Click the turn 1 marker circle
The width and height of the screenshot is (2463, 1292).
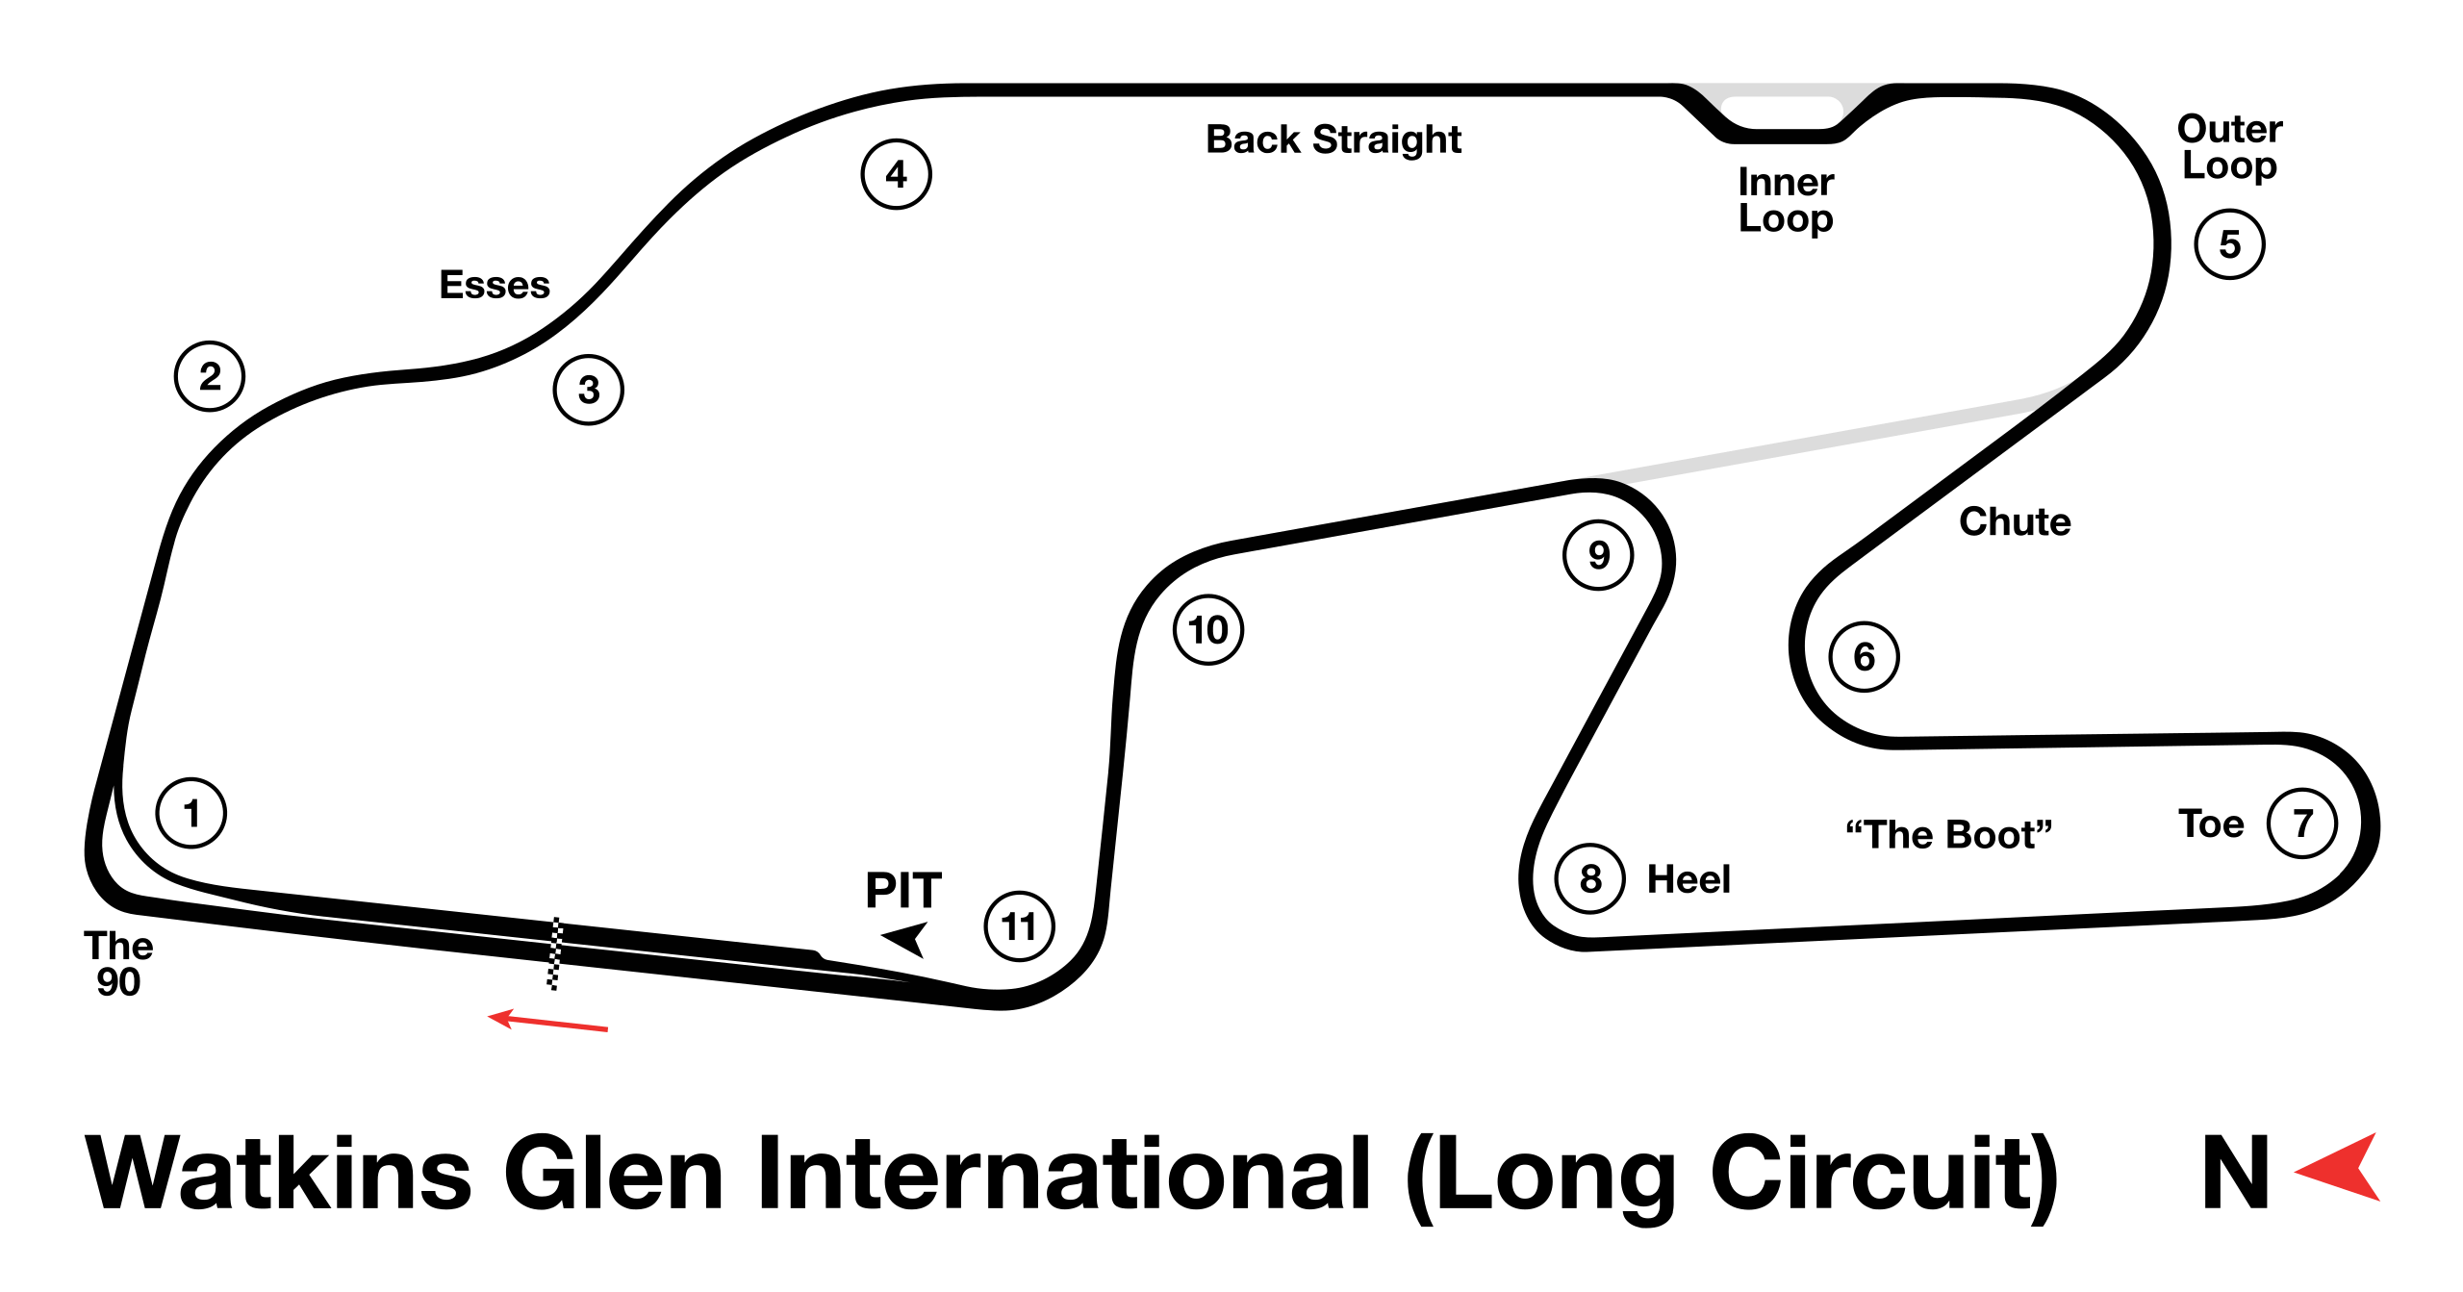pyautogui.click(x=190, y=813)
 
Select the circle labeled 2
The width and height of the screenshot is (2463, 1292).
pyautogui.click(x=210, y=376)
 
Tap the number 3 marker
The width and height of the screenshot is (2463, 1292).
pyautogui.click(x=588, y=390)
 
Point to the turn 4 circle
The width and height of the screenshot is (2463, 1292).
pyautogui.click(x=896, y=174)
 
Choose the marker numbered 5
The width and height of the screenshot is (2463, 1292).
pyautogui.click(x=2229, y=244)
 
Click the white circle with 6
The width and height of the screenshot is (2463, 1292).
pyautogui.click(x=1864, y=657)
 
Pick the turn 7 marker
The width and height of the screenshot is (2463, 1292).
pyautogui.click(x=2301, y=823)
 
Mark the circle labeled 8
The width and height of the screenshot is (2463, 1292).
pyautogui.click(x=1589, y=878)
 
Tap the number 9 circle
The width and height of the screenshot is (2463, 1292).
pyautogui.click(x=1597, y=555)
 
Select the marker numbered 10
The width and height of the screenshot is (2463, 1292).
pyautogui.click(x=1207, y=630)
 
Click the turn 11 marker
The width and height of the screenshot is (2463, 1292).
pyautogui.click(x=1019, y=926)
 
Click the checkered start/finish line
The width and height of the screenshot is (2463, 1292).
pyautogui.click(x=555, y=953)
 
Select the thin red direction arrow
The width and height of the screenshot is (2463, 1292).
pyautogui.click(x=548, y=1022)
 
